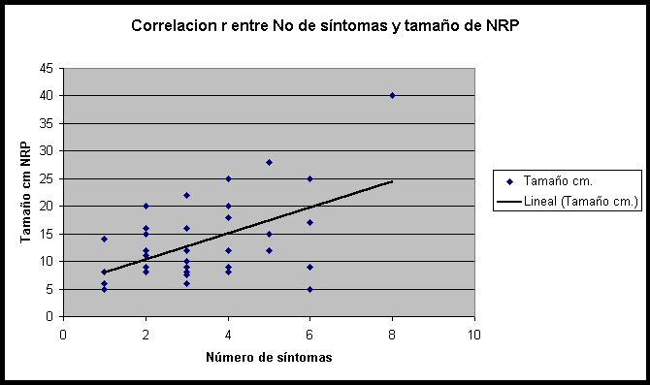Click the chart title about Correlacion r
pyautogui.click(x=325, y=26)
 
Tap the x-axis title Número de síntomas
pyautogui.click(x=269, y=358)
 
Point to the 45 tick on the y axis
pyautogui.click(x=47, y=68)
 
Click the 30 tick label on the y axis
pyautogui.click(x=47, y=151)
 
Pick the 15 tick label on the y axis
pyautogui.click(x=47, y=234)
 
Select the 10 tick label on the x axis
pyautogui.click(x=474, y=334)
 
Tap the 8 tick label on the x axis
pyautogui.click(x=392, y=334)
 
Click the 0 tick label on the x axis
pyautogui.click(x=63, y=334)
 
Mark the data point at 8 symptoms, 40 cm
pyautogui.click(x=392, y=95)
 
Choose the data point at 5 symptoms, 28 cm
pyautogui.click(x=269, y=162)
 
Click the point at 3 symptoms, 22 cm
pyautogui.click(x=186, y=195)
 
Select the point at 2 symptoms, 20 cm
pyautogui.click(x=146, y=206)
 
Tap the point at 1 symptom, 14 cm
pyautogui.click(x=104, y=239)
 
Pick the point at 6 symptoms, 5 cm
pyautogui.click(x=309, y=289)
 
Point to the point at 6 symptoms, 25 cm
pyautogui.click(x=309, y=178)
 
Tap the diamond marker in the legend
pyautogui.click(x=507, y=181)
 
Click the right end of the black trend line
pyautogui.click(x=392, y=180)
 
